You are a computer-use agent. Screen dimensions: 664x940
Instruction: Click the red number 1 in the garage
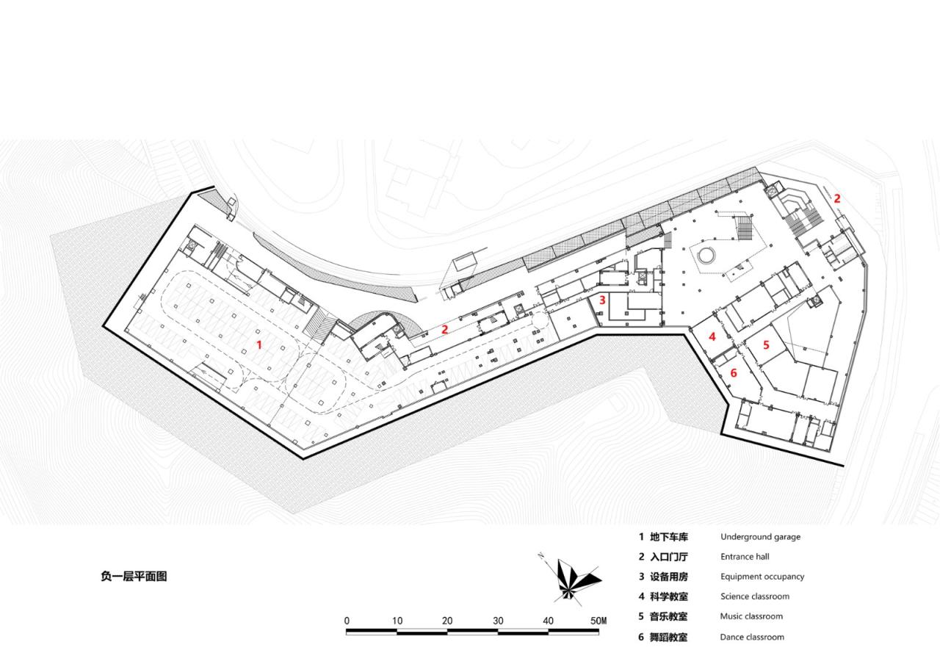(x=258, y=344)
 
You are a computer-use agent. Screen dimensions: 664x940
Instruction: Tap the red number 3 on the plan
(x=602, y=300)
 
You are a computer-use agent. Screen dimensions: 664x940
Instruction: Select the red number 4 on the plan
(x=712, y=336)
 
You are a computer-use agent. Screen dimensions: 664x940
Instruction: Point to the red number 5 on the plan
(x=766, y=344)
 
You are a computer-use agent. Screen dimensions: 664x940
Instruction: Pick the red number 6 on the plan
(x=733, y=373)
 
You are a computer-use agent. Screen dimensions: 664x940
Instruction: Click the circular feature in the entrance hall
(x=706, y=256)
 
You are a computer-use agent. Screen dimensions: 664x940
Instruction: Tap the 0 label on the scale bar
(x=347, y=621)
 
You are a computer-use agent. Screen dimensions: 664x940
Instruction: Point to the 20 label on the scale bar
(x=447, y=621)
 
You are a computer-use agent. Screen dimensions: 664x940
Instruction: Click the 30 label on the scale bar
(x=498, y=621)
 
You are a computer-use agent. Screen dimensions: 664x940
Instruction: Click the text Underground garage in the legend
(x=760, y=537)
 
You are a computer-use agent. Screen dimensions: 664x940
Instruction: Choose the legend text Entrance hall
(x=744, y=557)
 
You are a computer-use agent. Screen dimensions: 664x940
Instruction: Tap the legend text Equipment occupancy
(x=762, y=577)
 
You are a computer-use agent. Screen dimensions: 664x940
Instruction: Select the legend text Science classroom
(x=754, y=596)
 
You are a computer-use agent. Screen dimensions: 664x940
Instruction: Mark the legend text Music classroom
(x=751, y=616)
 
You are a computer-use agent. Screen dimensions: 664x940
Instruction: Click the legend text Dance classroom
(x=752, y=637)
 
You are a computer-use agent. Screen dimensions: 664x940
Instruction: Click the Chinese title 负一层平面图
(x=134, y=577)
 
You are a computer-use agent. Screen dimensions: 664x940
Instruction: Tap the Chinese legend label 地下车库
(x=668, y=537)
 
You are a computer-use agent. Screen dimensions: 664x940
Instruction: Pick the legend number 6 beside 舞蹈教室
(x=641, y=637)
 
